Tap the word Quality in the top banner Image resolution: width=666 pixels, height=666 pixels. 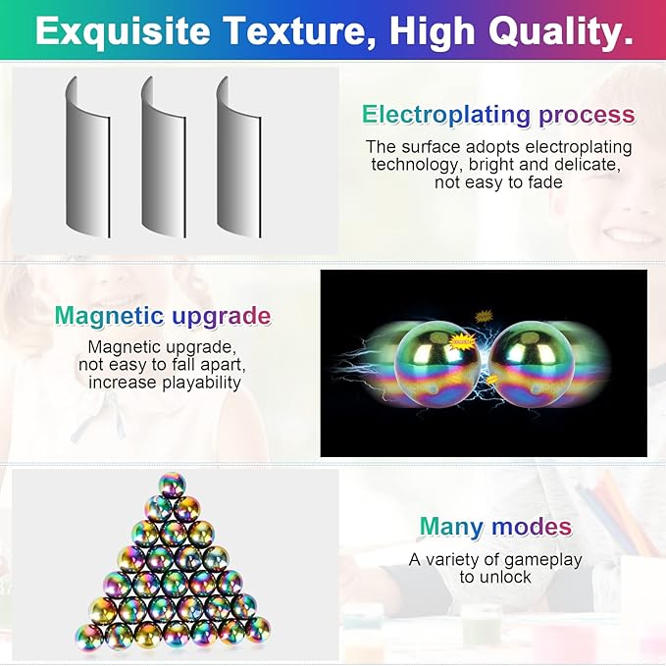click(x=553, y=31)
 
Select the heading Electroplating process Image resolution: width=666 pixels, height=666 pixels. click(x=498, y=115)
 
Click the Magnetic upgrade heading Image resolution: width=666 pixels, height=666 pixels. click(x=163, y=316)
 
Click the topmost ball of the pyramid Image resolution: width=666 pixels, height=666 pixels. click(x=172, y=486)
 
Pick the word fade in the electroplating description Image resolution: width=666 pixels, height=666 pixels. click(x=540, y=182)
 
